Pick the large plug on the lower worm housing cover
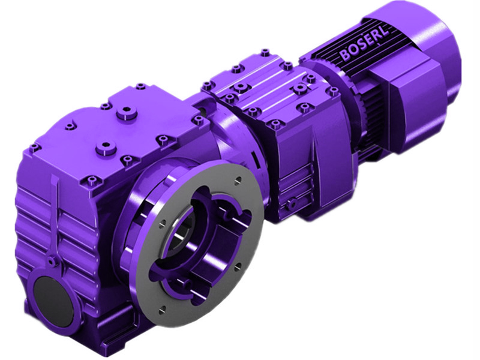coord(107,146)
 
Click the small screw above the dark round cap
coord(53,260)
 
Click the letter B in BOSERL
coord(344,55)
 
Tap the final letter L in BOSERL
coord(385,34)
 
